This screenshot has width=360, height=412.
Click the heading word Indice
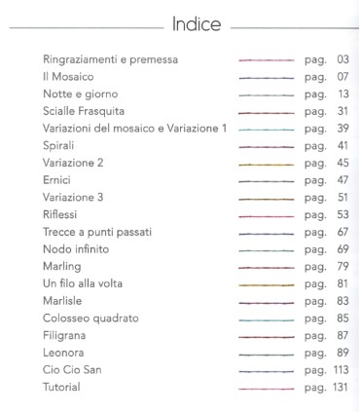tap(196, 22)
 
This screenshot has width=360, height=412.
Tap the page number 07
tap(342, 77)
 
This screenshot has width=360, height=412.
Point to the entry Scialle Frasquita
tap(90, 112)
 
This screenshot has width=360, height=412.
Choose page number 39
tap(342, 129)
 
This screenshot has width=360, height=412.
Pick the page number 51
tap(342, 198)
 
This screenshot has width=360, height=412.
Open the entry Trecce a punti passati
tap(97, 232)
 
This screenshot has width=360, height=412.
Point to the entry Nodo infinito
tap(76, 249)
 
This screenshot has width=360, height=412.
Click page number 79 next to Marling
tap(342, 267)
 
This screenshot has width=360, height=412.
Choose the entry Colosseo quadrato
tap(90, 318)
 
